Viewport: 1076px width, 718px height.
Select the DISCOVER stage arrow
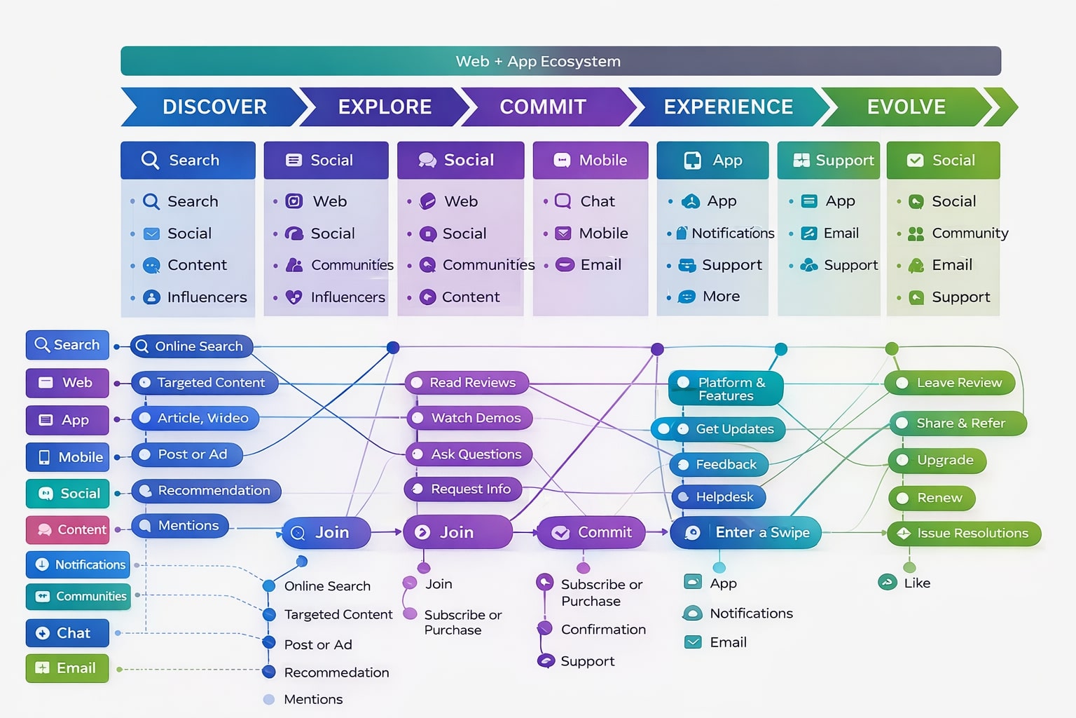[214, 107]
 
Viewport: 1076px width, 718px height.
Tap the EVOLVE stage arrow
[906, 107]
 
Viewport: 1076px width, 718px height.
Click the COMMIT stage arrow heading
[543, 107]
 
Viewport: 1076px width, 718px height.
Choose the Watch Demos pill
[470, 418]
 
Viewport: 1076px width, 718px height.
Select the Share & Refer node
[958, 424]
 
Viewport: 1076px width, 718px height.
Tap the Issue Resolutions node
[965, 534]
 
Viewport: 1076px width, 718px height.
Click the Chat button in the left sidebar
[67, 633]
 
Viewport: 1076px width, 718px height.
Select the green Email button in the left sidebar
[67, 668]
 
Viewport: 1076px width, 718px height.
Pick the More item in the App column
[720, 297]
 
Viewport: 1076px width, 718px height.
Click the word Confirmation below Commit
[603, 630]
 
